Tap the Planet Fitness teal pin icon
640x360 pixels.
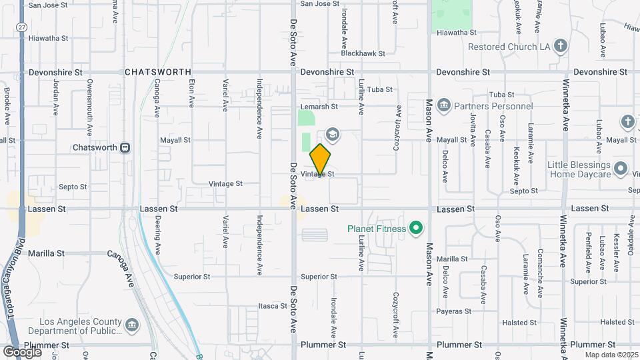tap(417, 229)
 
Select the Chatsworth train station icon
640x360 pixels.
tap(125, 147)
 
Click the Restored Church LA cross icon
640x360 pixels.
tap(561, 47)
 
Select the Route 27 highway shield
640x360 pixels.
tap(22, 27)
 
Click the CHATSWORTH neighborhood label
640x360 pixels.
tap(158, 72)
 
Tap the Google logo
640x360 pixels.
tap(22, 352)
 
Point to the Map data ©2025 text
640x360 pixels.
tap(611, 355)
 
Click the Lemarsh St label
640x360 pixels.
tap(319, 106)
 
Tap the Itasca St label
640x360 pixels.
tap(272, 306)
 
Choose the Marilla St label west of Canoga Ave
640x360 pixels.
tap(47, 253)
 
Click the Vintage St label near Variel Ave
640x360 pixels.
tap(225, 183)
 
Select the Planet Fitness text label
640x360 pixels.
tap(377, 229)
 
